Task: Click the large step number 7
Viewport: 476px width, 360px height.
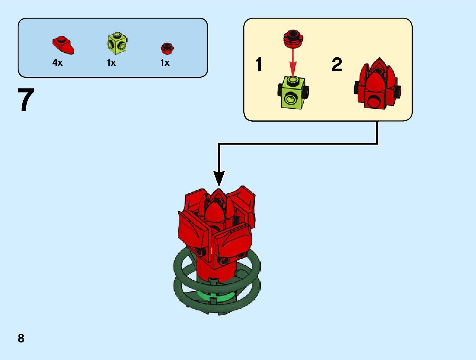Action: pyautogui.click(x=26, y=100)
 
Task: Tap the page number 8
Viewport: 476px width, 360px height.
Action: pyautogui.click(x=21, y=338)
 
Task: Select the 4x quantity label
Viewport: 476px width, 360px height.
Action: pyautogui.click(x=57, y=62)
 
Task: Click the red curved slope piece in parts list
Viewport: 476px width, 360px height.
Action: pyautogui.click(x=63, y=45)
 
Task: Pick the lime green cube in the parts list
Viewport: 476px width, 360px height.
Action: pyautogui.click(x=117, y=43)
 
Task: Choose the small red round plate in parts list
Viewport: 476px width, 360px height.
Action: pyautogui.click(x=167, y=48)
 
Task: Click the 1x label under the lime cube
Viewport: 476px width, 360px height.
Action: pyautogui.click(x=111, y=62)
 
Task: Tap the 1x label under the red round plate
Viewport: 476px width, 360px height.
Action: pyautogui.click(x=165, y=62)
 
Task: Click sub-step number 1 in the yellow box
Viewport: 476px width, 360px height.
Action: pyautogui.click(x=259, y=65)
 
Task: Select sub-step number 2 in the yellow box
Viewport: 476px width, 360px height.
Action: pyautogui.click(x=337, y=65)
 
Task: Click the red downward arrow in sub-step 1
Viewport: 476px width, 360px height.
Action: pyautogui.click(x=293, y=63)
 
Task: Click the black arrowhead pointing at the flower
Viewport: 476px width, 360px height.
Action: pyautogui.click(x=219, y=178)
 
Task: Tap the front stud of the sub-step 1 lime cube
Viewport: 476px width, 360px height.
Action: pyautogui.click(x=290, y=99)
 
